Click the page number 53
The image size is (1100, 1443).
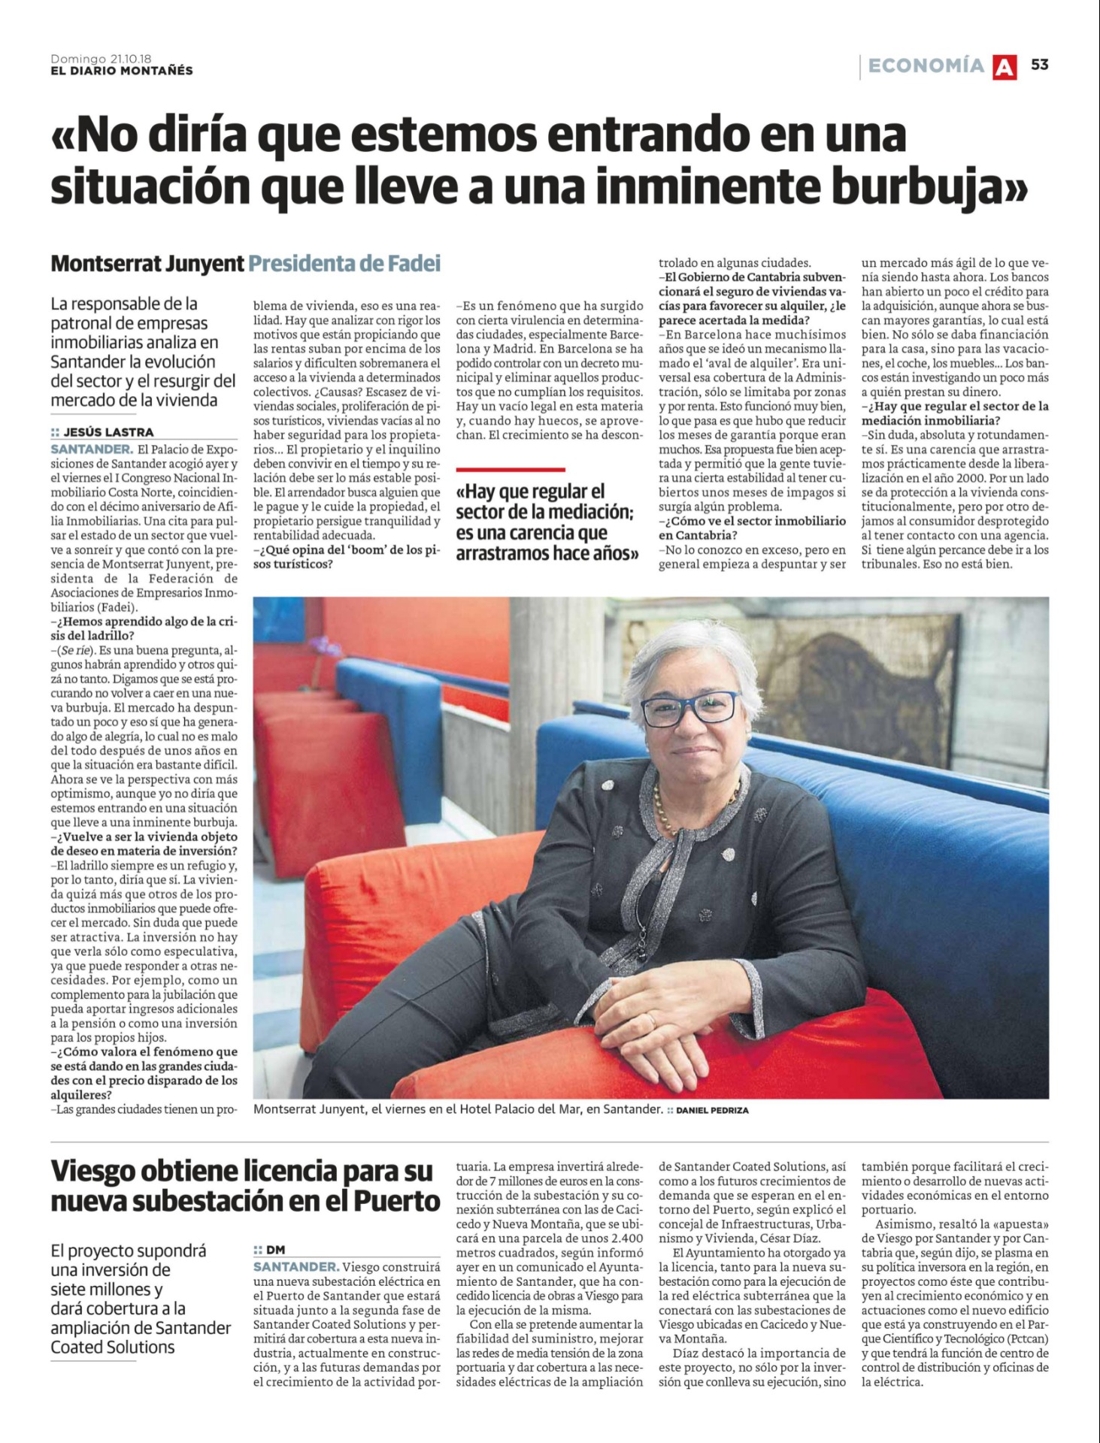coord(1039,65)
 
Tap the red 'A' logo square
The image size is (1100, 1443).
coord(1005,67)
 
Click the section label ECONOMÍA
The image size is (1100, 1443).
coord(926,66)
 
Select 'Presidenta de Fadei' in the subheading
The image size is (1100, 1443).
coord(344,264)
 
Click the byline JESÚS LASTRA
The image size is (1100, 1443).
coord(108,432)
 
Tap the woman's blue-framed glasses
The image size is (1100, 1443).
coord(689,708)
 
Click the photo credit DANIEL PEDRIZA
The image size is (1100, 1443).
coord(712,1110)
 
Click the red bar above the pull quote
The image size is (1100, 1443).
coord(510,469)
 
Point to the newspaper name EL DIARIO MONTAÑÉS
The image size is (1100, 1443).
coord(122,71)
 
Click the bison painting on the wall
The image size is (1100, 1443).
coord(872,661)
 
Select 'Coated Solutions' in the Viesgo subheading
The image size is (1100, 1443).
coord(113,1347)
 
